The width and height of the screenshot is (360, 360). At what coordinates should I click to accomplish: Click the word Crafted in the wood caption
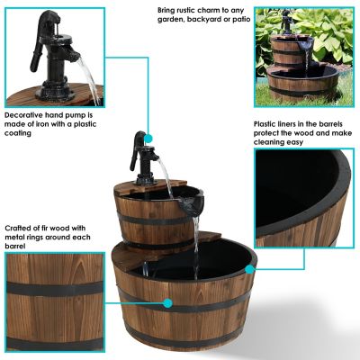[x=19, y=228]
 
